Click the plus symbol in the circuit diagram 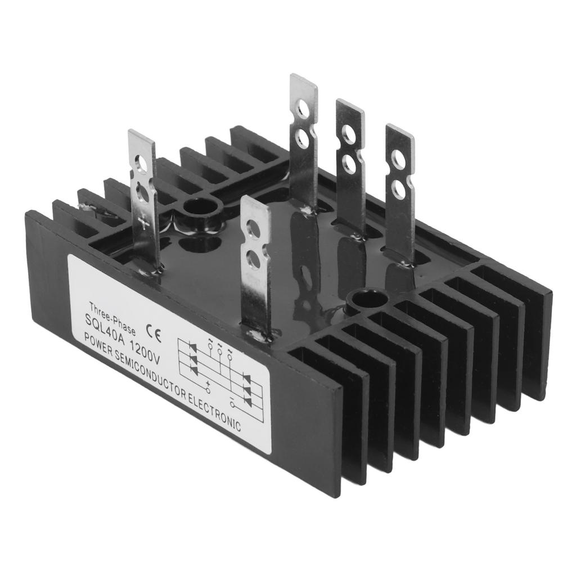208,383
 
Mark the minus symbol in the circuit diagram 232,398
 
